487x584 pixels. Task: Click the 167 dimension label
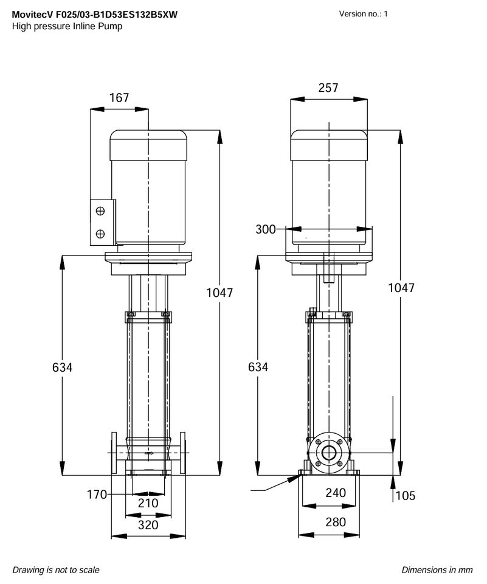(119, 97)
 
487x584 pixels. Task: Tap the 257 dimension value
(328, 88)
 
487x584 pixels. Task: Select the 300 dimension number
(266, 229)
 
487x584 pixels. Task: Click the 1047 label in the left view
(219, 293)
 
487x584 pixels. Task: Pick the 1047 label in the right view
(401, 288)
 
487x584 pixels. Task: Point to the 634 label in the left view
(62, 367)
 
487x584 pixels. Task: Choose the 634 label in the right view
(258, 367)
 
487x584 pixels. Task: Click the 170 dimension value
(97, 494)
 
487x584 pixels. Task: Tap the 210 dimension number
(148, 503)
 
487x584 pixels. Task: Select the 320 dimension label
(148, 525)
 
